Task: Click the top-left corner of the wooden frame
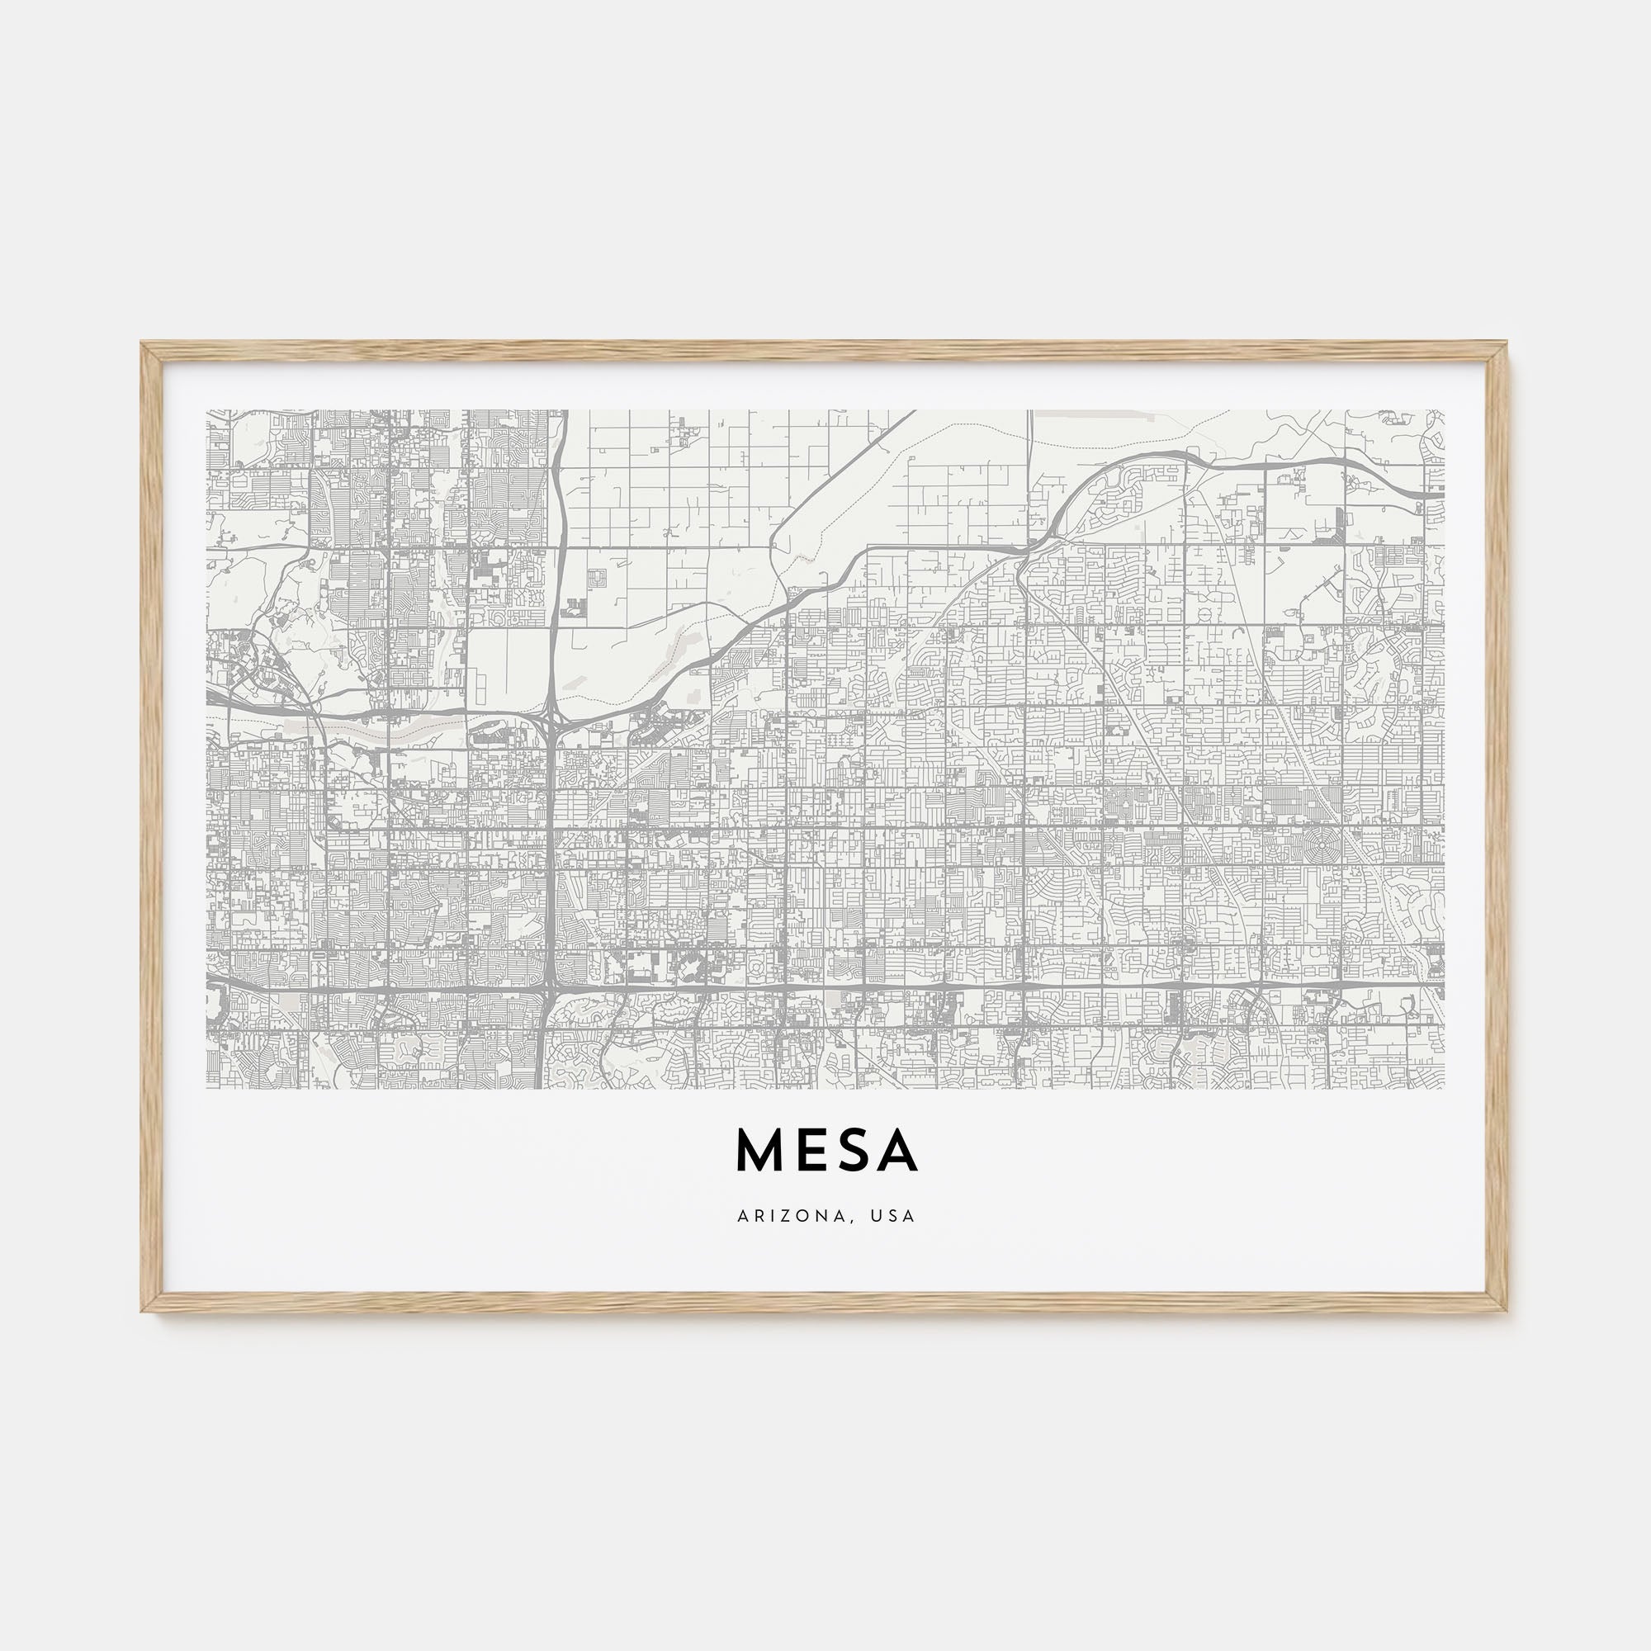click(x=143, y=343)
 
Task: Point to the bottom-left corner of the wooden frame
click(x=143, y=1311)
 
